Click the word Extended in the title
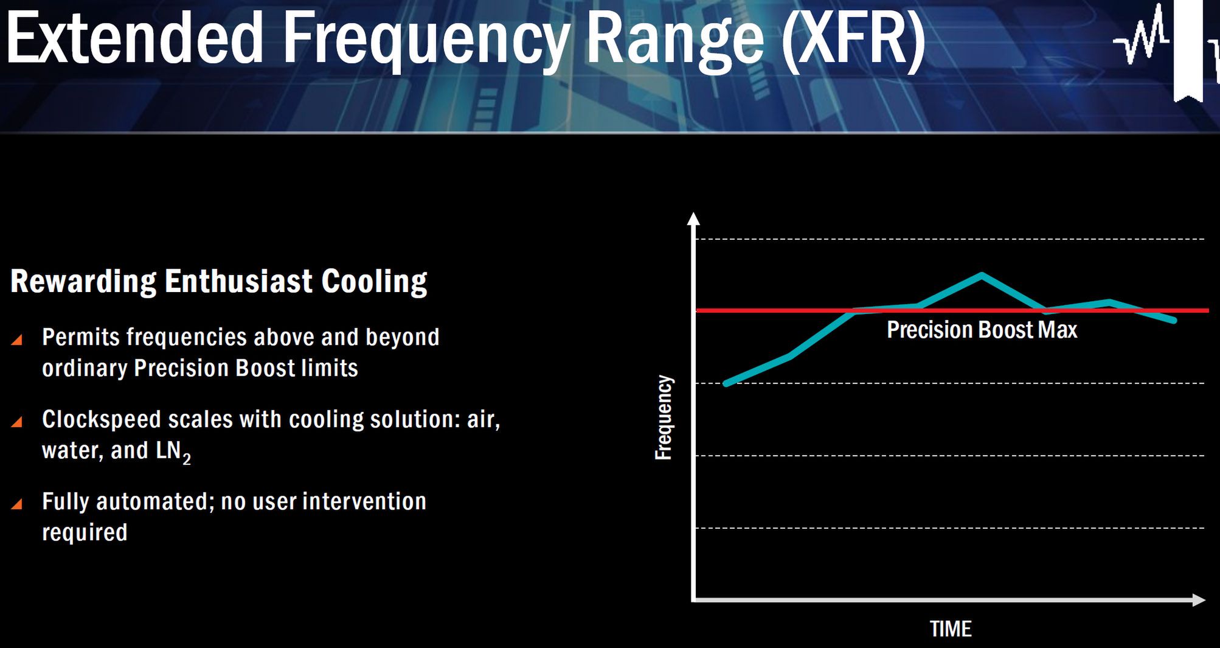[x=134, y=38]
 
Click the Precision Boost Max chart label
[x=982, y=330]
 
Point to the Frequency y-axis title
[x=664, y=417]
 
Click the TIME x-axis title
[x=951, y=629]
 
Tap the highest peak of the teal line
[x=982, y=275]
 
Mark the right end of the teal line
[x=1173, y=320]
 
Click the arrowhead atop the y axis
[x=693, y=218]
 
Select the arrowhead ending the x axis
[x=1199, y=600]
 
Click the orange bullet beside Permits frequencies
[x=17, y=340]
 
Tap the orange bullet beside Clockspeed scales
[x=17, y=422]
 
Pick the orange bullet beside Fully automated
[x=17, y=504]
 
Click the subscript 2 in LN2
[x=187, y=458]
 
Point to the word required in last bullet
[x=85, y=533]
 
